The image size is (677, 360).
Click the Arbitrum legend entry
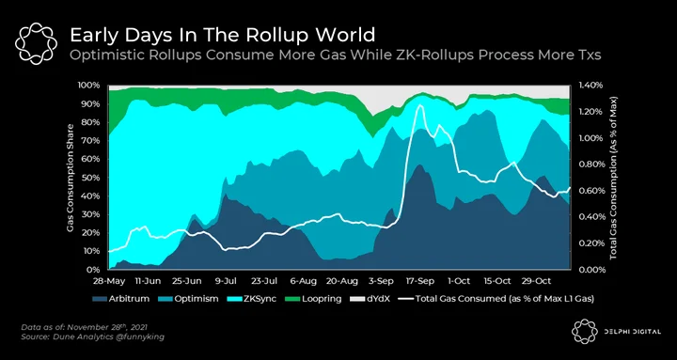[121, 298]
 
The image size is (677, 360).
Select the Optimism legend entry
[189, 298]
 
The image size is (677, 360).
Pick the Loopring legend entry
[311, 298]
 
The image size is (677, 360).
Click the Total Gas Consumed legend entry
[496, 298]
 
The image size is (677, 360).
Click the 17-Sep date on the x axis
[419, 281]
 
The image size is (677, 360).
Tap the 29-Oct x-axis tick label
[536, 281]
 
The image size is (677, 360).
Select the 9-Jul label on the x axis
[225, 281]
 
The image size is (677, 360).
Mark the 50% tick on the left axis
[90, 178]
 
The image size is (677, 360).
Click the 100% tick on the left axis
[89, 85]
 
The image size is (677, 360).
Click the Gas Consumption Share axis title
[71, 178]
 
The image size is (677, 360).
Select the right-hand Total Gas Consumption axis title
[613, 178]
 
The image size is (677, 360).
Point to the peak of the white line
[419, 105]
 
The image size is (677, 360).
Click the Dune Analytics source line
[93, 337]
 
